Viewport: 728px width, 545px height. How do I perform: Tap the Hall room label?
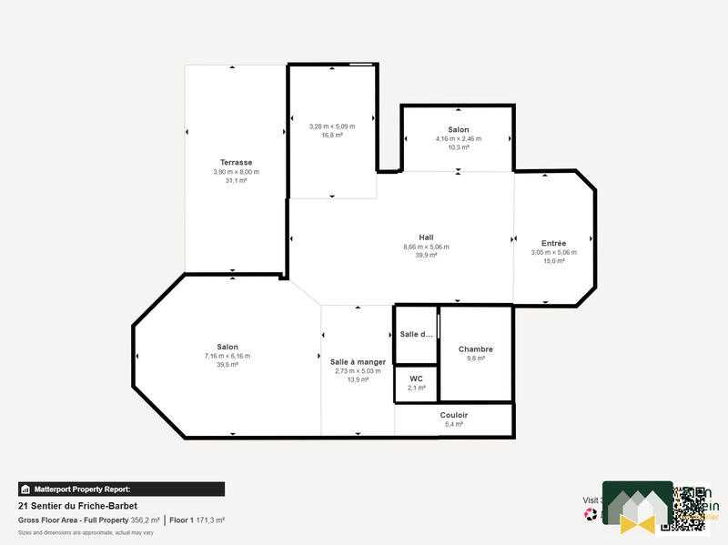(426, 237)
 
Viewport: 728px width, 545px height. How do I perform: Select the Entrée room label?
(553, 243)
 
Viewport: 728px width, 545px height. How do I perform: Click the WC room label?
(416, 378)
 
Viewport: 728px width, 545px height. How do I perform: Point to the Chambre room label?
(475, 349)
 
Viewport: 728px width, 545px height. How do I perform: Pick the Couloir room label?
(453, 415)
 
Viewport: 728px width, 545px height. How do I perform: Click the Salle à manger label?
(358, 361)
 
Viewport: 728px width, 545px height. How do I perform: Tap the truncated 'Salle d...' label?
(416, 334)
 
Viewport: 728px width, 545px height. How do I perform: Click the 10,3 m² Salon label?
(458, 130)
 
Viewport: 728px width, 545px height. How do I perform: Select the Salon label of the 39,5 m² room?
(227, 347)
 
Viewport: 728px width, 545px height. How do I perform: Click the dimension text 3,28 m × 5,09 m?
(331, 126)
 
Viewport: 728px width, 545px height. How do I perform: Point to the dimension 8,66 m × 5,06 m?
(426, 247)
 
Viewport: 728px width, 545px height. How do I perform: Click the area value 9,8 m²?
(475, 359)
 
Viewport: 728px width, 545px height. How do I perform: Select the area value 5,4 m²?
(453, 425)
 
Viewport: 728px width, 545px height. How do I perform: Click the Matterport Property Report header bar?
(121, 489)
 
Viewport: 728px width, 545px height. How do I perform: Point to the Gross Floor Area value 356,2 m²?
(146, 520)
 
